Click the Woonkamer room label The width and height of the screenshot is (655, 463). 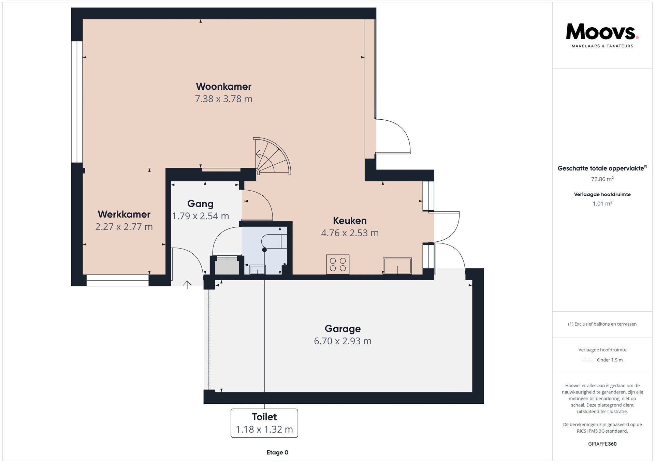click(223, 87)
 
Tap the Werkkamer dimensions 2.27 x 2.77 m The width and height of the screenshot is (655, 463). click(124, 227)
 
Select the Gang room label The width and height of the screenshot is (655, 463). click(200, 204)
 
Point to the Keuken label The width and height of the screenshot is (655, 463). click(350, 221)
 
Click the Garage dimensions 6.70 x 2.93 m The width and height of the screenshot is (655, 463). click(343, 341)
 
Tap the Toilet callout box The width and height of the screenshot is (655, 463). click(264, 423)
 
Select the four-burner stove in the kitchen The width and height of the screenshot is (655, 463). click(338, 265)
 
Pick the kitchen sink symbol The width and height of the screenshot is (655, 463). click(397, 266)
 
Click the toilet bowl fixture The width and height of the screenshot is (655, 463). click(274, 241)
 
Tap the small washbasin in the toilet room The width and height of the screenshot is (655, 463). click(258, 270)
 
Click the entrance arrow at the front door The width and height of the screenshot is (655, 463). click(187, 285)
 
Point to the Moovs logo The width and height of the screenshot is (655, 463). click(602, 32)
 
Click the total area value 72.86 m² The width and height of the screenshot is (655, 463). click(602, 179)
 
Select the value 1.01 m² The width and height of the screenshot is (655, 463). click(602, 204)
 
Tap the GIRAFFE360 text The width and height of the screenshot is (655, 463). click(602, 444)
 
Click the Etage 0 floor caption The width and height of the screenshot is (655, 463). click(277, 452)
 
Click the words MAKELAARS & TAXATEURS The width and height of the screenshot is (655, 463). click(602, 46)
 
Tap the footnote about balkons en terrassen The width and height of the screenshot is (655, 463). click(602, 324)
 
